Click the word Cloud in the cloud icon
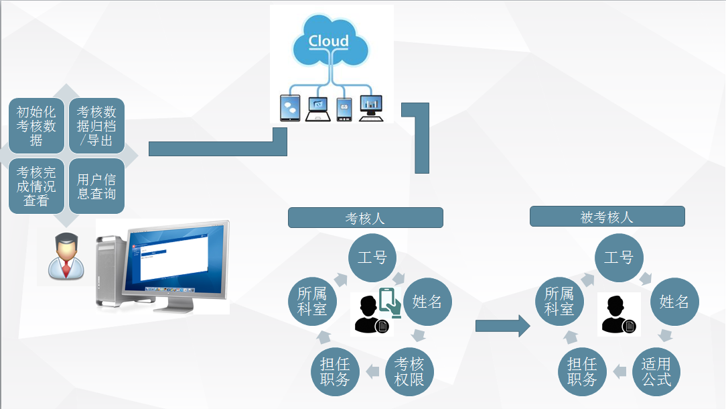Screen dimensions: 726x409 point(329,41)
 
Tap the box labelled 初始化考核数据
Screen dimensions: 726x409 point(37,125)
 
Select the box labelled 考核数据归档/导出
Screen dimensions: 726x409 point(96,125)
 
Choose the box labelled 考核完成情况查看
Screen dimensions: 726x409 point(37,186)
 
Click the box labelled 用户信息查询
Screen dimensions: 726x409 point(96,186)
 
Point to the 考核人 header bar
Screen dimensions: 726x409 point(365,218)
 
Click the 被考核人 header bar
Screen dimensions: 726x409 point(607,217)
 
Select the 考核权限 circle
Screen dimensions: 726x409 point(409,371)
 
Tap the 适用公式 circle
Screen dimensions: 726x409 point(656,371)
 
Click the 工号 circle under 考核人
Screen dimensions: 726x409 point(372,257)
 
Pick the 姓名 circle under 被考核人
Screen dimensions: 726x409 point(674,302)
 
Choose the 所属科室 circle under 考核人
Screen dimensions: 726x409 point(312,302)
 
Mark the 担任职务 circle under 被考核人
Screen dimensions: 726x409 point(582,371)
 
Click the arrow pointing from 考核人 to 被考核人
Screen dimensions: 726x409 point(503,326)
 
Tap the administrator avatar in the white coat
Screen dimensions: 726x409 point(66,256)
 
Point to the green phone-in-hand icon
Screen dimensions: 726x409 point(390,302)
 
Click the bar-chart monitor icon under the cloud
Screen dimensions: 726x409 point(371,108)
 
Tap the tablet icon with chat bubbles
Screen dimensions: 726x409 point(290,108)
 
